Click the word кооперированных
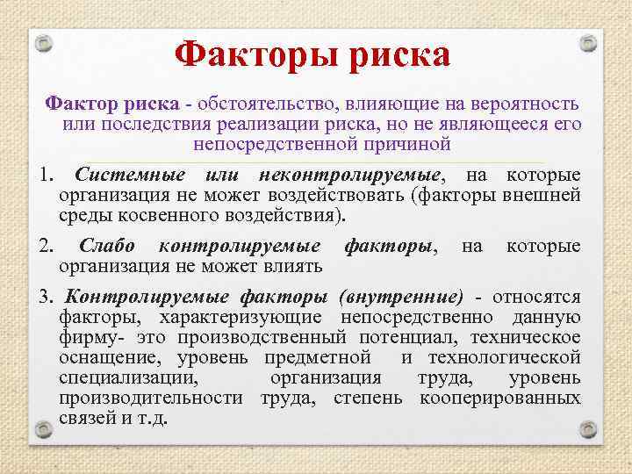500,398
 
